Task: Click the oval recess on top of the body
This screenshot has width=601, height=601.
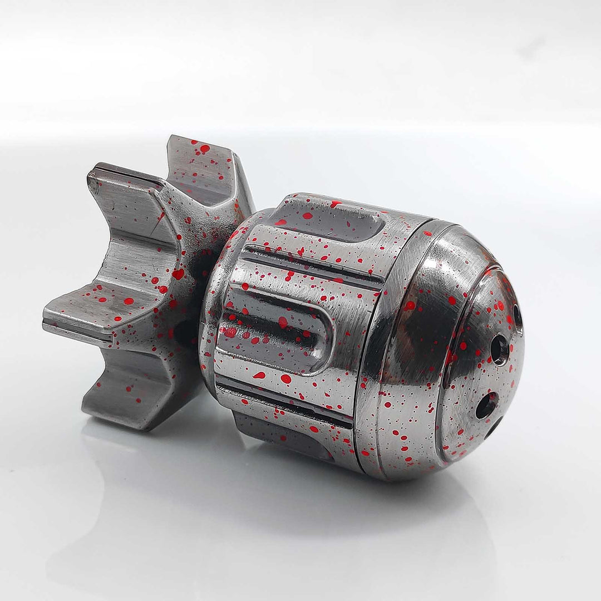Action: tap(328, 220)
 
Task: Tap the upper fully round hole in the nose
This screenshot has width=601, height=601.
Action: tap(499, 349)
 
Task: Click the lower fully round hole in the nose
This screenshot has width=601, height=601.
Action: tap(486, 405)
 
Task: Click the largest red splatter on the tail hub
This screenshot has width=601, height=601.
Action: tap(178, 274)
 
